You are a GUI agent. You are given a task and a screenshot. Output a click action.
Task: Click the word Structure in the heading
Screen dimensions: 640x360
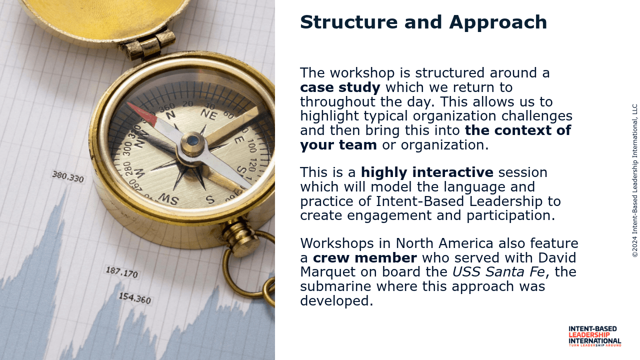pos(349,22)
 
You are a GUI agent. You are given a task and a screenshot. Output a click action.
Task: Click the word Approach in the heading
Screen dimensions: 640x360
pos(498,23)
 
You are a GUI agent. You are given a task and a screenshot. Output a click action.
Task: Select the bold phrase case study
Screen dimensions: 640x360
pos(340,87)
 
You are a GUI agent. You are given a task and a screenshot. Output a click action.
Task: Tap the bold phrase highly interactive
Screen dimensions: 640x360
pos(427,172)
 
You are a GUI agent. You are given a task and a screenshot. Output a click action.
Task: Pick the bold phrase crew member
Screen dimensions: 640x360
pos(365,257)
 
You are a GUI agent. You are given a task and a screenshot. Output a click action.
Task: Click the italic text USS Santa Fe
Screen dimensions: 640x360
pos(498,271)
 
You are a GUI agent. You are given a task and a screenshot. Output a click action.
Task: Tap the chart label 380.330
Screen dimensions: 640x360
pos(68,176)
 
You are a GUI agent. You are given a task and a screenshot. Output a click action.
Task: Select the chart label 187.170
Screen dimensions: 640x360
pos(122,272)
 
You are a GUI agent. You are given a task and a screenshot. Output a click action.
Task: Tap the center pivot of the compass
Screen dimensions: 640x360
pos(192,140)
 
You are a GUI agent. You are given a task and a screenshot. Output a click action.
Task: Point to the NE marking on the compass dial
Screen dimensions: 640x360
pos(208,115)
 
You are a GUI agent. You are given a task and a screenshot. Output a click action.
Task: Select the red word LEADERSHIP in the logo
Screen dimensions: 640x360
pos(589,335)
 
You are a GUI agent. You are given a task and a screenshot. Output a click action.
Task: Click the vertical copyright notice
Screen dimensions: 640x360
pos(635,180)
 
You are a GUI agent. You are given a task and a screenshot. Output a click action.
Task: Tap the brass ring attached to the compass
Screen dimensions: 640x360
pos(248,265)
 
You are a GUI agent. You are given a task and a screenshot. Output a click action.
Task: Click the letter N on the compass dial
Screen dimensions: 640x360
pos(170,115)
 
